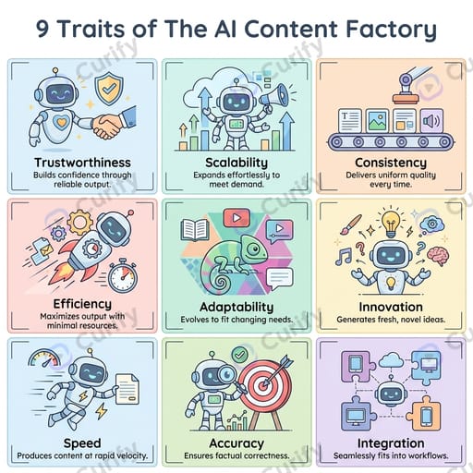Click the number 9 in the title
coord(43,30)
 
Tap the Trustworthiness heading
coord(82,163)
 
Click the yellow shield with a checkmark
coord(109,87)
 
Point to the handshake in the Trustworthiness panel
coord(107,126)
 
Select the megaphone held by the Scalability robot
coord(274,97)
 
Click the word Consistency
coord(391,163)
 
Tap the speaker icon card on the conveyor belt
coord(431,121)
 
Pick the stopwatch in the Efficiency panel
coord(123,275)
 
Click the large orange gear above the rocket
coord(79,222)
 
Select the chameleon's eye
coord(253,249)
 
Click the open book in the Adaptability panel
coord(195,229)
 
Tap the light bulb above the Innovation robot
coord(391,224)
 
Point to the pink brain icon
coord(438,256)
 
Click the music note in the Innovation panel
coord(344,257)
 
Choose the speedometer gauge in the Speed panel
coord(44,358)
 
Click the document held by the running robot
coord(127,389)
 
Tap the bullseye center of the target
coord(263,385)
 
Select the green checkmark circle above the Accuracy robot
coord(239,355)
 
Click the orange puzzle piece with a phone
coord(424,414)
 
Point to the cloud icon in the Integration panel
coord(391,360)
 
